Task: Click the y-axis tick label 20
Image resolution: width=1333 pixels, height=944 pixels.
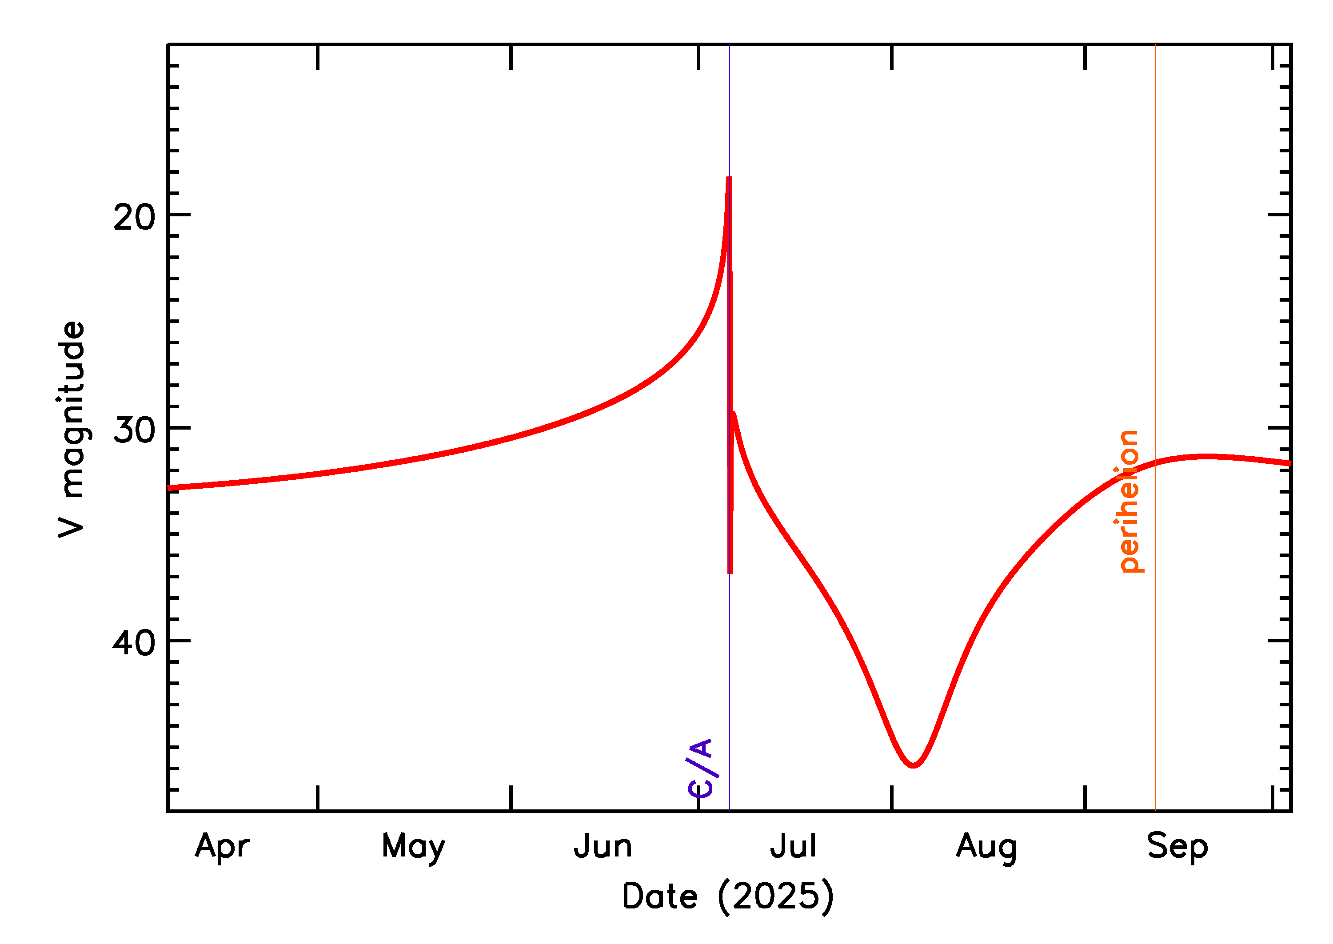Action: click(x=134, y=219)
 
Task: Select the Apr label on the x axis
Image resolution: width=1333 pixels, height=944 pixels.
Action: click(x=222, y=847)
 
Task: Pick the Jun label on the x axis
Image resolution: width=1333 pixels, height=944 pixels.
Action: click(x=603, y=846)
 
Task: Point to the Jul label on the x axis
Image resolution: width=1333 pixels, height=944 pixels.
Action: click(x=793, y=846)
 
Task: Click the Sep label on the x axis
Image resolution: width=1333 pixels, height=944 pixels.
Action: click(x=1177, y=847)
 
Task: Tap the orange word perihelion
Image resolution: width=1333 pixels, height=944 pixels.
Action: click(x=1128, y=501)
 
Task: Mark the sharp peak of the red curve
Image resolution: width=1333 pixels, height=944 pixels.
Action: click(x=729, y=179)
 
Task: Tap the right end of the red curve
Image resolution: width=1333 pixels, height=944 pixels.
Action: click(x=1290, y=463)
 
